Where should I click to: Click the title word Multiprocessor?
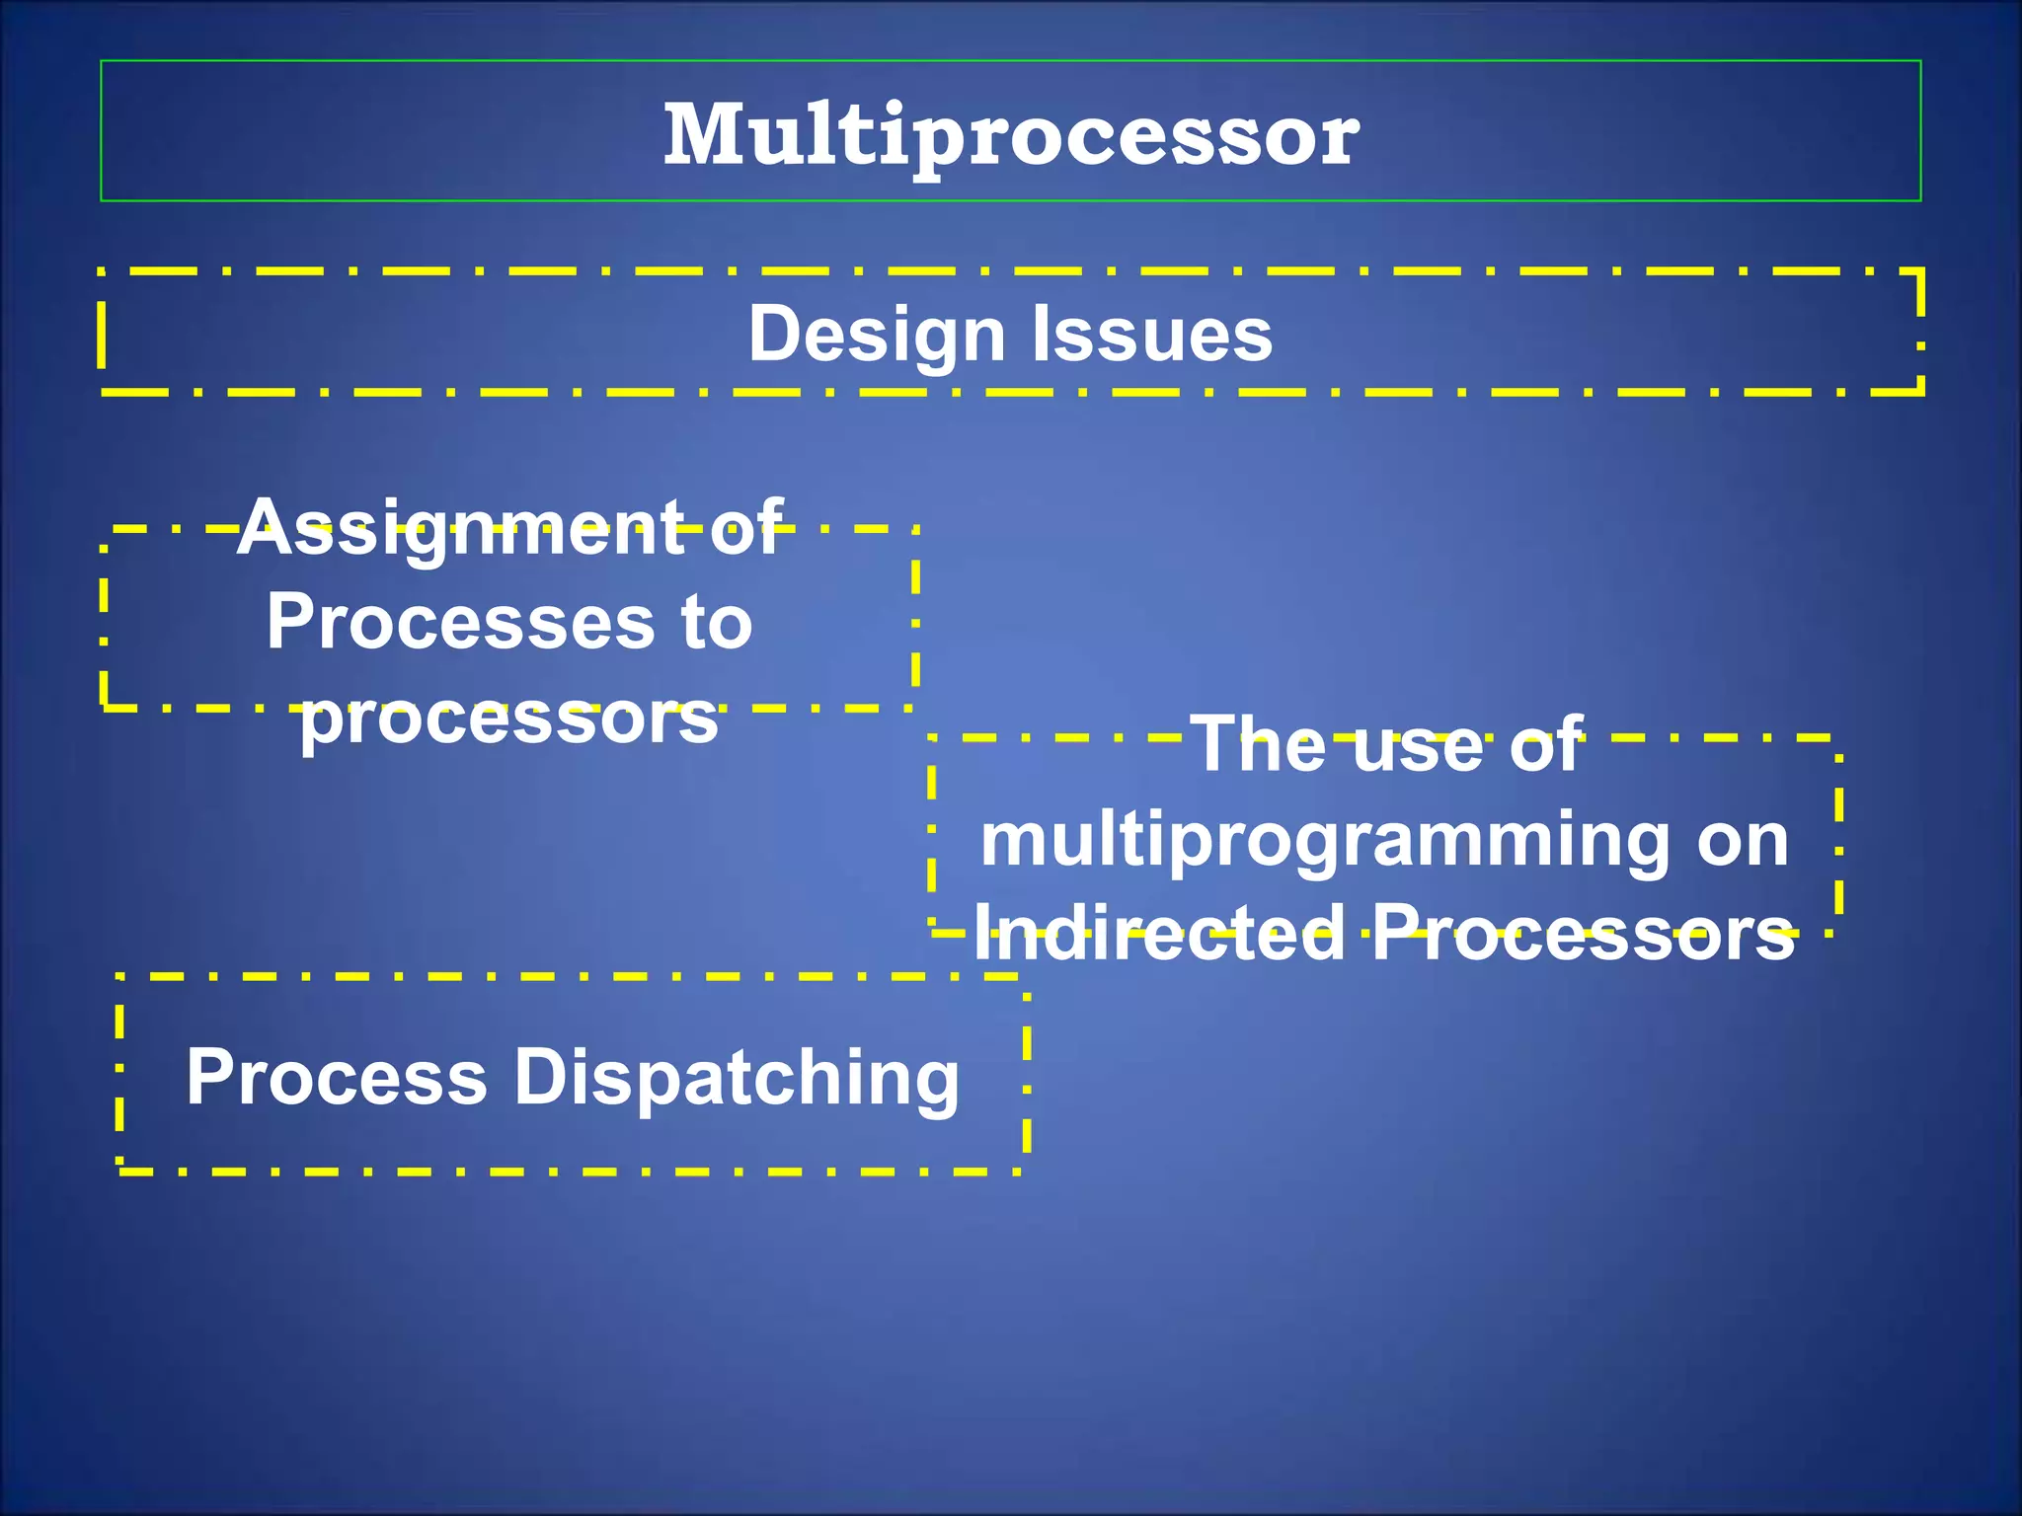tap(1011, 136)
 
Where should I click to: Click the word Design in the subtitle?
tap(877, 335)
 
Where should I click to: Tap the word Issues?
tap(1152, 335)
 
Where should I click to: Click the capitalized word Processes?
tap(460, 623)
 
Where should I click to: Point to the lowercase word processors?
tap(509, 717)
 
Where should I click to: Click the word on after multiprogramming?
tap(1743, 842)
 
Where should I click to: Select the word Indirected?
tap(1159, 933)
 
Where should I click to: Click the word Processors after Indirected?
tap(1584, 933)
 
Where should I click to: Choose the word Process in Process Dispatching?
tap(337, 1078)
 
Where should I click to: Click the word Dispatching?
tap(737, 1078)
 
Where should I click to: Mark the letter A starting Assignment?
tap(264, 528)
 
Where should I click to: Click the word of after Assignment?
tap(747, 528)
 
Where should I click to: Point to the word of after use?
tap(1547, 744)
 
